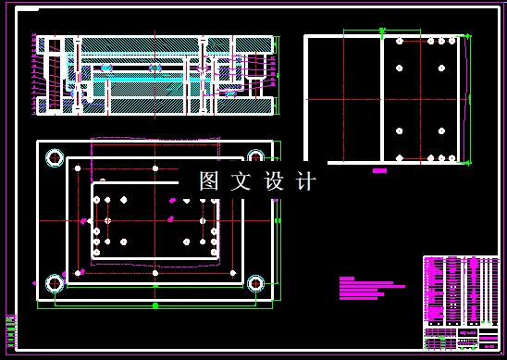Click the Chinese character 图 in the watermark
pos(208,181)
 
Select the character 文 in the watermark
pos(241,181)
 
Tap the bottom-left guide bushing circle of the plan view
pos(54,281)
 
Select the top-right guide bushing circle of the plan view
pos(256,156)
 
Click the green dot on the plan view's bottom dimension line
pos(155,304)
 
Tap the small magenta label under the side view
pos(379,171)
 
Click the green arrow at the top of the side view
pos(382,32)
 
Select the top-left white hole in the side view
pos(399,42)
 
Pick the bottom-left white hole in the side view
pos(399,158)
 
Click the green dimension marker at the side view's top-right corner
pos(467,36)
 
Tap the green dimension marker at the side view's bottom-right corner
pos(467,163)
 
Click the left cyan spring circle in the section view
pos(106,68)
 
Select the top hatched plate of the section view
pos(139,44)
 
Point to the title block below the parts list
pos(461,337)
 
